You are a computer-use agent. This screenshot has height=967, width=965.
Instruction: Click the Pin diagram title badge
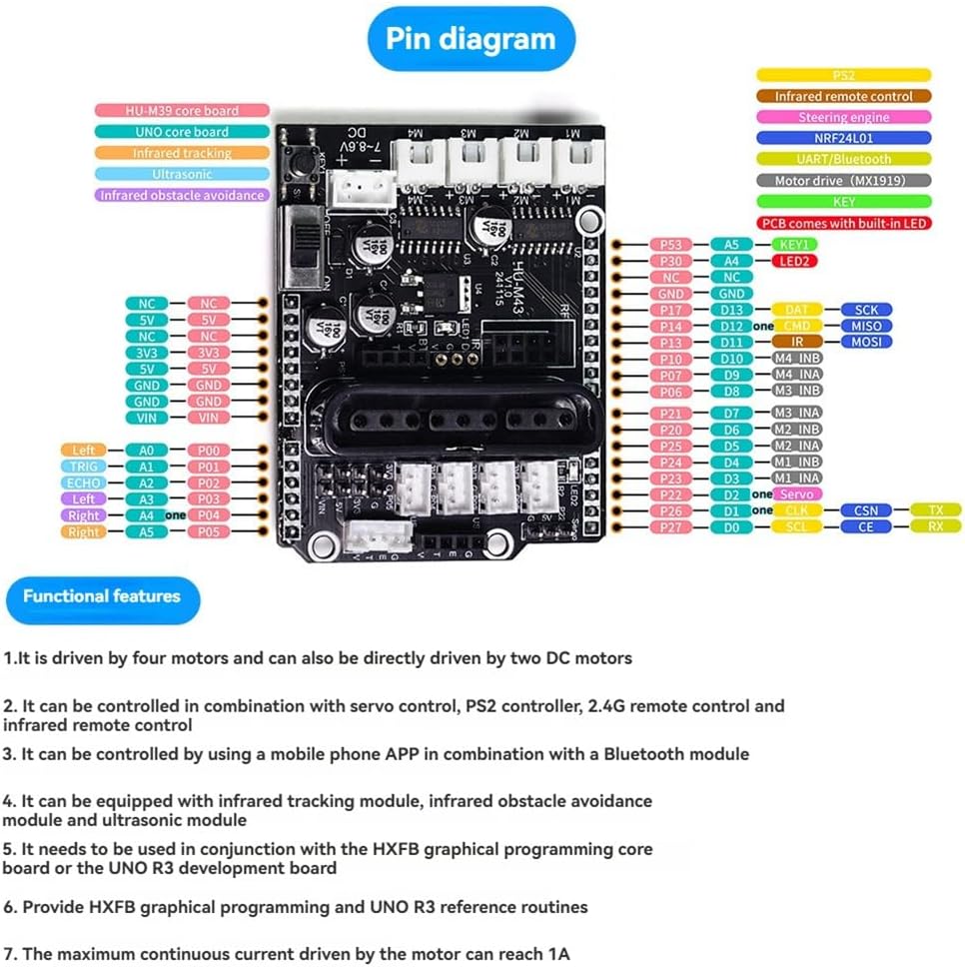pyautogui.click(x=470, y=39)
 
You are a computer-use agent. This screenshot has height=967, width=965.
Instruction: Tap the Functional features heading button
pyautogui.click(x=101, y=596)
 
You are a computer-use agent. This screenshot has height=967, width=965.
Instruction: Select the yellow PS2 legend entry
pyautogui.click(x=843, y=75)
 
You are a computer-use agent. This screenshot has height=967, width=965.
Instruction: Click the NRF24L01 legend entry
pyautogui.click(x=843, y=138)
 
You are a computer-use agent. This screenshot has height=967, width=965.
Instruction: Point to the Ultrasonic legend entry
pyautogui.click(x=182, y=174)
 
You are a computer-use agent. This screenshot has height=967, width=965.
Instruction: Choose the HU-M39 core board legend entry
pyautogui.click(x=182, y=111)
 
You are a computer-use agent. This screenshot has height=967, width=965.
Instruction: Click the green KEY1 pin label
pyautogui.click(x=796, y=244)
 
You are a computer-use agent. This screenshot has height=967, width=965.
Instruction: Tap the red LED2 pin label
pyautogui.click(x=796, y=261)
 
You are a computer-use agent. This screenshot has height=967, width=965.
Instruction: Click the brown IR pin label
pyautogui.click(x=796, y=342)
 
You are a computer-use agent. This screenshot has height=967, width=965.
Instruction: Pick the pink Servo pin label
pyautogui.click(x=796, y=494)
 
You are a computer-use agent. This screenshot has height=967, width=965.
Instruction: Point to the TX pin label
pyautogui.click(x=935, y=510)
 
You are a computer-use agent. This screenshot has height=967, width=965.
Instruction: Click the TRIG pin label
pyautogui.click(x=84, y=467)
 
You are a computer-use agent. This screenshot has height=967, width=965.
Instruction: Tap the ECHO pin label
pyautogui.click(x=84, y=483)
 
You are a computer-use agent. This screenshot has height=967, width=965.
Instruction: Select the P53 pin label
pyautogui.click(x=670, y=244)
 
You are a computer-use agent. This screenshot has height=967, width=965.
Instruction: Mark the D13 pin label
pyautogui.click(x=732, y=310)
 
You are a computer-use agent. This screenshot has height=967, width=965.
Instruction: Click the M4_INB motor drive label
pyautogui.click(x=796, y=359)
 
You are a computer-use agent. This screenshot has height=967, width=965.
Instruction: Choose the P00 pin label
pyautogui.click(x=208, y=451)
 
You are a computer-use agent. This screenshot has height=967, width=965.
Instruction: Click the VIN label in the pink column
pyautogui.click(x=208, y=417)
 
